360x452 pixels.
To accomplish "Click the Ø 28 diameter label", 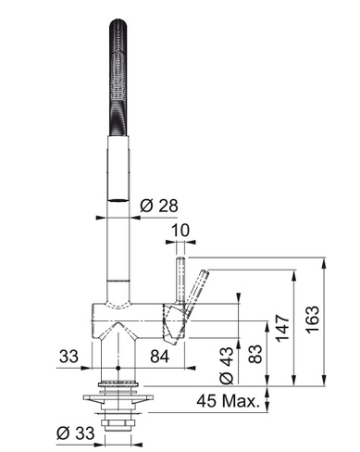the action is click(159, 206).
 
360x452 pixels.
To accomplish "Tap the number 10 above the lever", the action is click(180, 231).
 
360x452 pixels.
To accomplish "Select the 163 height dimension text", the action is click(313, 320).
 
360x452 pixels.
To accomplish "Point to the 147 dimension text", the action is click(282, 328).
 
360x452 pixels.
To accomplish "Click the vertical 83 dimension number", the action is click(255, 354).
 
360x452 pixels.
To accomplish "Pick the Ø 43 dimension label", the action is click(227, 365).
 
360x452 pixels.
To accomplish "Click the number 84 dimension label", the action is click(160, 357).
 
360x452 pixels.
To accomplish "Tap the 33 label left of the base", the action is click(68, 357).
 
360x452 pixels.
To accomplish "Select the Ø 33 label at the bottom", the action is click(76, 433).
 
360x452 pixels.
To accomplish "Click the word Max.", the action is click(241, 401).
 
